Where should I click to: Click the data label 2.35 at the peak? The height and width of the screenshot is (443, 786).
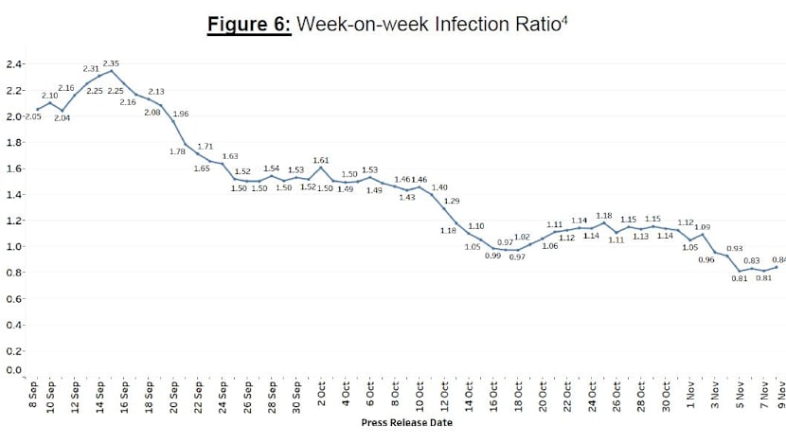coord(111,62)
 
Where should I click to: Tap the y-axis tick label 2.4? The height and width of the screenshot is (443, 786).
coord(14,64)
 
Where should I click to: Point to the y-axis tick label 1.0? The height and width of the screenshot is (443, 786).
coord(14,247)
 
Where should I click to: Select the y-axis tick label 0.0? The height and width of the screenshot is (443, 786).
coord(14,369)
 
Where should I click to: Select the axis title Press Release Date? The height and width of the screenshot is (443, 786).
coord(406,423)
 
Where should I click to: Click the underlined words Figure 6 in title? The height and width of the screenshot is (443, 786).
coord(249,23)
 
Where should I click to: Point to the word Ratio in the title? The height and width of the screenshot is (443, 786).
coord(537,23)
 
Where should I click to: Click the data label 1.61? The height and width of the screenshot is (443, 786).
coord(320,160)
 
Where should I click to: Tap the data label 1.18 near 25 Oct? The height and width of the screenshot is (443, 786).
coord(603,215)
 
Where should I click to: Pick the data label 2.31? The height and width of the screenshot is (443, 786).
coord(91,68)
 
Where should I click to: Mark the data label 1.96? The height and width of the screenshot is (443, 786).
coord(181,114)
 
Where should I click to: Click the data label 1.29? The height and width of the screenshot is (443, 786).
coord(452,201)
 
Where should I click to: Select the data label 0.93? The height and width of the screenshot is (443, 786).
coord(734,248)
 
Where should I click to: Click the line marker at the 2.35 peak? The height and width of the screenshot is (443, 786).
coord(112,71)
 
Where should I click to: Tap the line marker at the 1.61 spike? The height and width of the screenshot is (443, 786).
coord(322,168)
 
